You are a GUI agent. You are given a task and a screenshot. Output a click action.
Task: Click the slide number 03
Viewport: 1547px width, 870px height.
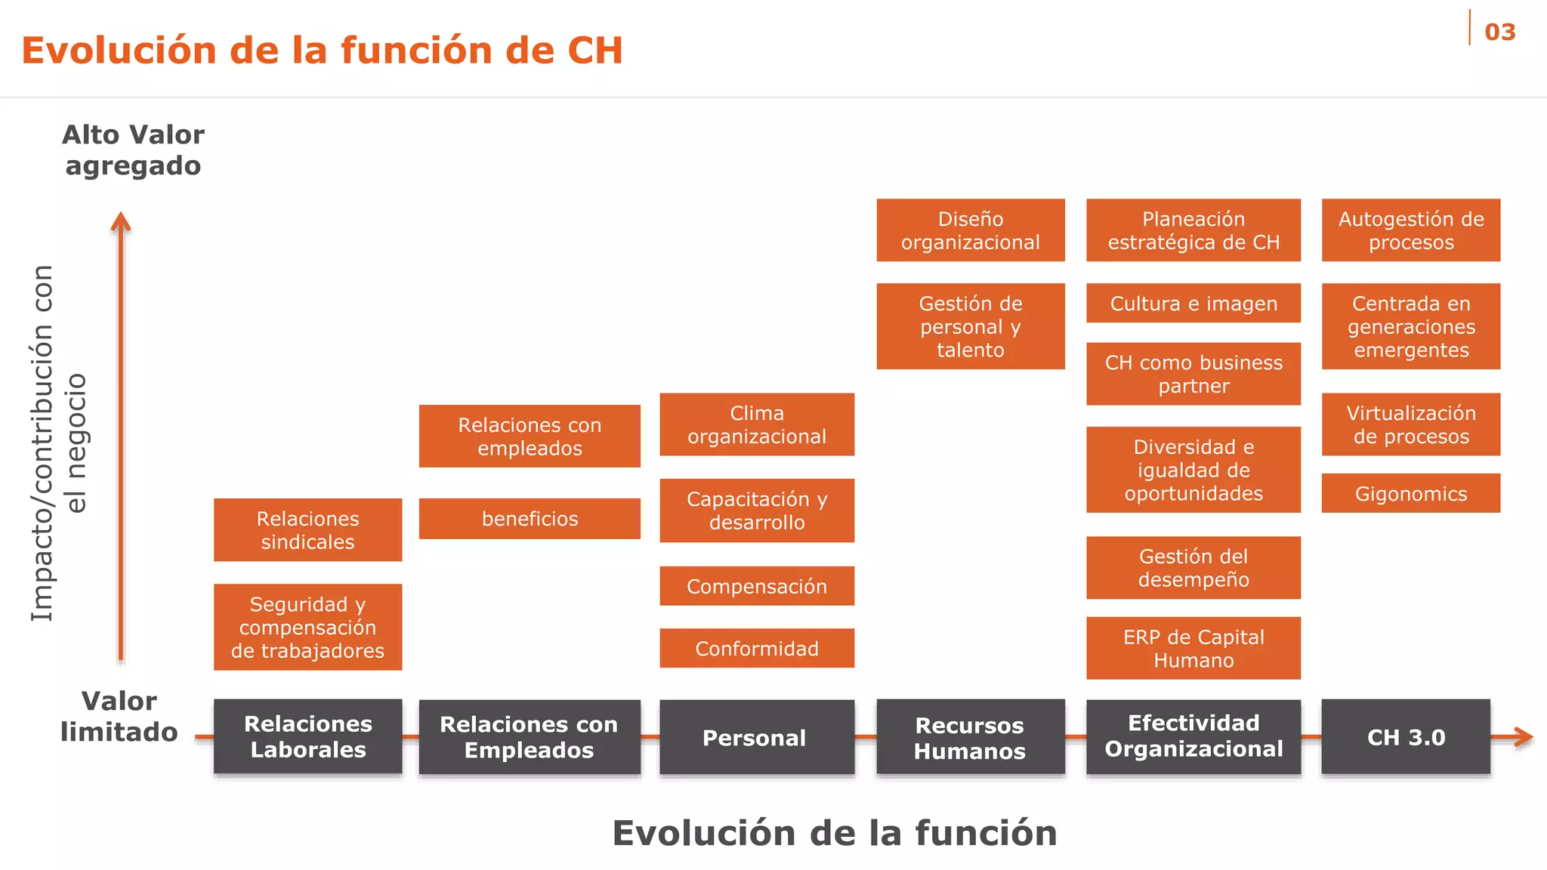tap(1499, 32)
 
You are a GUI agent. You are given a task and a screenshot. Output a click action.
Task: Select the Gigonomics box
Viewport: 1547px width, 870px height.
tap(1410, 493)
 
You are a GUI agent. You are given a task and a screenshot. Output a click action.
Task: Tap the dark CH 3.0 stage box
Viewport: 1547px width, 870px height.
tap(1406, 737)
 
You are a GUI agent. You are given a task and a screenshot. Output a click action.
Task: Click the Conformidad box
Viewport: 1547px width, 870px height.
tap(757, 648)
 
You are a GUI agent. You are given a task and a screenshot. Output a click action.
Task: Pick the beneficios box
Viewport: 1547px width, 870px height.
tap(530, 518)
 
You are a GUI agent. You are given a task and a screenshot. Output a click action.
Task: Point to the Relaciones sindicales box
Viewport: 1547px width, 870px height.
tap(307, 529)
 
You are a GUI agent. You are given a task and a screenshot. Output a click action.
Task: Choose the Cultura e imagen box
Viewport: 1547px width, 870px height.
tap(1193, 303)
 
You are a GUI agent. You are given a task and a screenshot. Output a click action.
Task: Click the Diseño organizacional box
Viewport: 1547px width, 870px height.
tap(971, 230)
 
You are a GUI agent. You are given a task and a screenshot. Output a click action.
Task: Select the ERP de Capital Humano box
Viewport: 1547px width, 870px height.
tap(1193, 648)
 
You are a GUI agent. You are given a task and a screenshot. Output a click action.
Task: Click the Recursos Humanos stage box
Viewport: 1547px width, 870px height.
tap(971, 737)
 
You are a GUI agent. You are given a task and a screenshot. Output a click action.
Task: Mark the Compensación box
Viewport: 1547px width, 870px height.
tap(757, 586)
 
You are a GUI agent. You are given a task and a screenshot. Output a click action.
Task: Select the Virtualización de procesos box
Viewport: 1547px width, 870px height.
tap(1410, 424)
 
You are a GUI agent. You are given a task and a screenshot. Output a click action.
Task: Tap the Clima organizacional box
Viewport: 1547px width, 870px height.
tap(757, 424)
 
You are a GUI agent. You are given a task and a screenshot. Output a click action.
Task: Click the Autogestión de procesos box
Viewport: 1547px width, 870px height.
tap(1410, 230)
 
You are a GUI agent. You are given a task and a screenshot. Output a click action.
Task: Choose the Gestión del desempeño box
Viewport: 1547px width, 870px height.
tap(1193, 568)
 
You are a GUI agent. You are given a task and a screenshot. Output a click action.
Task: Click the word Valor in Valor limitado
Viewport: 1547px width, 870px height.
tap(119, 701)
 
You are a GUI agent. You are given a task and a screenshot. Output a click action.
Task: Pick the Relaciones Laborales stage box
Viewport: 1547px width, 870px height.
tap(307, 737)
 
